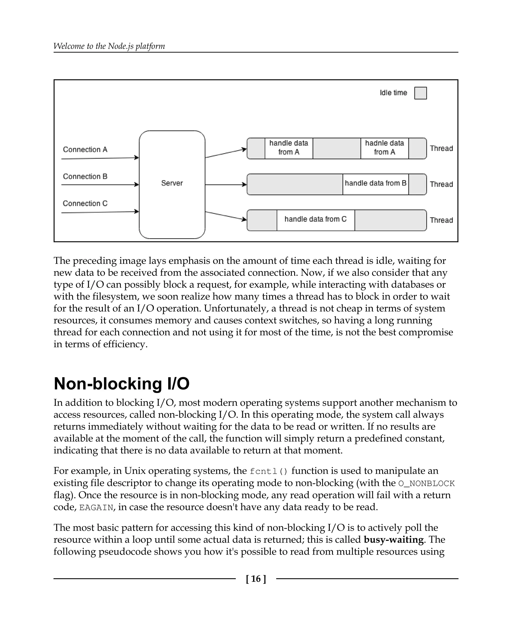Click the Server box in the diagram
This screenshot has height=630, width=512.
pos(172,184)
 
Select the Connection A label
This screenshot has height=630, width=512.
pos(85,149)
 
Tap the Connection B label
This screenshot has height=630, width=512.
pos(85,176)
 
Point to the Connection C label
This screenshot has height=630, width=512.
pos(85,203)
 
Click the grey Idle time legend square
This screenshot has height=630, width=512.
pos(420,93)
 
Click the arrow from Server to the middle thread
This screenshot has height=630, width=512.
pos(225,185)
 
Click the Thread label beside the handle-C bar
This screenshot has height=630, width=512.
pos(441,220)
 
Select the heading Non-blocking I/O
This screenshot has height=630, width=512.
pos(121,384)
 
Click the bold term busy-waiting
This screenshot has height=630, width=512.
pos(394,539)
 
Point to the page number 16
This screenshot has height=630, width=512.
pos(256,579)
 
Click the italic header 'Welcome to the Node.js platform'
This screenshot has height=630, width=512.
pos(109,46)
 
